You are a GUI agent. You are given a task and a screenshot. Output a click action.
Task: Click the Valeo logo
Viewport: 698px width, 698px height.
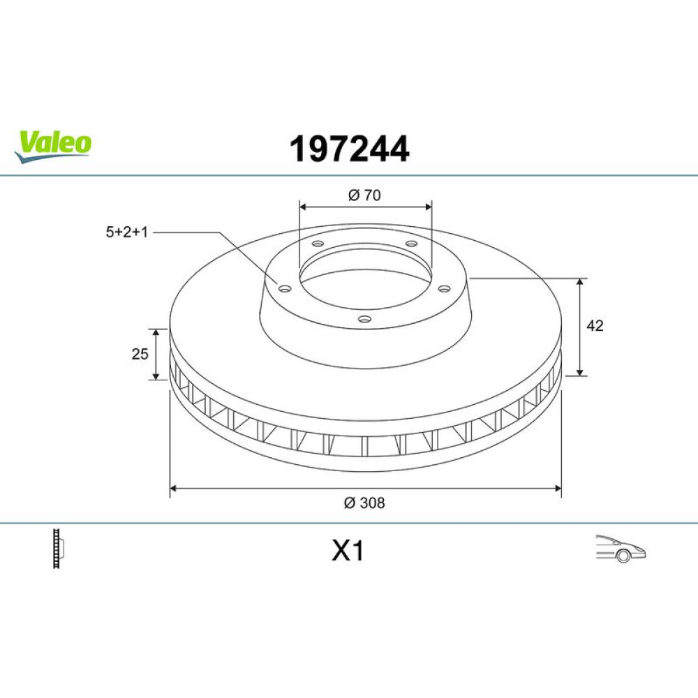point(52,146)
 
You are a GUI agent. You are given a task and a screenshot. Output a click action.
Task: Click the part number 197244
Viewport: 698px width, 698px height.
point(349,149)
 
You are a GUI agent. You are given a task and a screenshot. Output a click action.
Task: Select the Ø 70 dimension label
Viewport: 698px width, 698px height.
point(364,195)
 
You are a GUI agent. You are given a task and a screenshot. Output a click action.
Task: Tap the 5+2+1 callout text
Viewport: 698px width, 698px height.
point(126,232)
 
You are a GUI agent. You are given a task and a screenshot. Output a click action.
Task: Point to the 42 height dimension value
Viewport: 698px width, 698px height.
point(595,326)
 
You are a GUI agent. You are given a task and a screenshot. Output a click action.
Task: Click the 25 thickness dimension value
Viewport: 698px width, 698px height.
point(140,354)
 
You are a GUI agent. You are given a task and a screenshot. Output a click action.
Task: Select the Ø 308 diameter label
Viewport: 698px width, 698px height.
point(364,503)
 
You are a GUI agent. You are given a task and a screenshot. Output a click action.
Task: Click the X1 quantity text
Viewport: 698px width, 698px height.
point(348,551)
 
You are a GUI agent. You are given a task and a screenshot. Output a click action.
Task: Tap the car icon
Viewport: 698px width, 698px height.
point(621,549)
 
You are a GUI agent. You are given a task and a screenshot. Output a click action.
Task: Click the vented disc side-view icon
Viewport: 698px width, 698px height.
point(59,549)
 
